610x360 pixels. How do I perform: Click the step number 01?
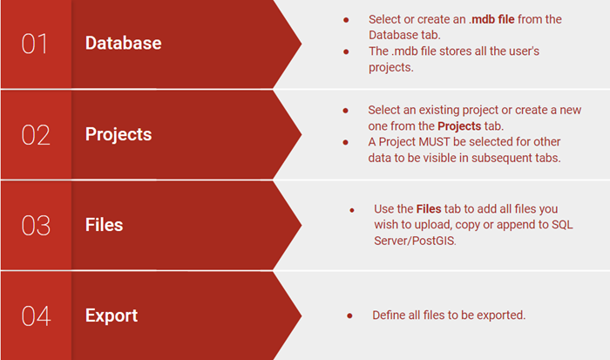35,44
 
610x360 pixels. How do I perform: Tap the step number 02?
36,135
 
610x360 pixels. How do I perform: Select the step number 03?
36,226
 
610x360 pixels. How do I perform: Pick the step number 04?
37,316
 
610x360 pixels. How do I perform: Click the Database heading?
124,43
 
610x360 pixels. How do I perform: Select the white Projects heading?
119,134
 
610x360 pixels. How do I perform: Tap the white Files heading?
104,225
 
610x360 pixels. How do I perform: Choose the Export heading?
112,316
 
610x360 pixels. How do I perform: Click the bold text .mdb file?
491,19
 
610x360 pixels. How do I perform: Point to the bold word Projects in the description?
459,126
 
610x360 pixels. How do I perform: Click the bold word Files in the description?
429,209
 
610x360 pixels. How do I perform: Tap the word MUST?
434,142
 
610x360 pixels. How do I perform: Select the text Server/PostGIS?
414,241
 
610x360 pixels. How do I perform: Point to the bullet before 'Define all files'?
349,316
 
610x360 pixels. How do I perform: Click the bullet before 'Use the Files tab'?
352,210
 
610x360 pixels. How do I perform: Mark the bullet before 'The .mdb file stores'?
346,51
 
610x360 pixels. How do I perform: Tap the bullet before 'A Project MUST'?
345,142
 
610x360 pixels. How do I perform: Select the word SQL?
563,225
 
